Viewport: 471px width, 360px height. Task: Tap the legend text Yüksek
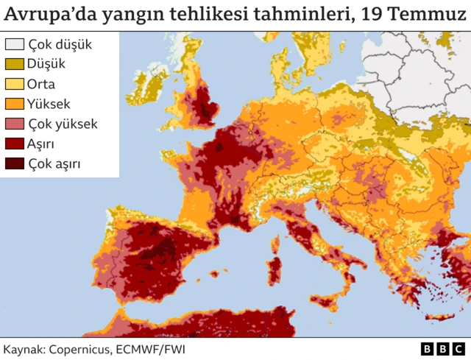(49, 104)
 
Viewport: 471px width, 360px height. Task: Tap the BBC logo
(442, 348)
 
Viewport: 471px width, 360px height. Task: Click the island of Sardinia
(275, 269)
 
